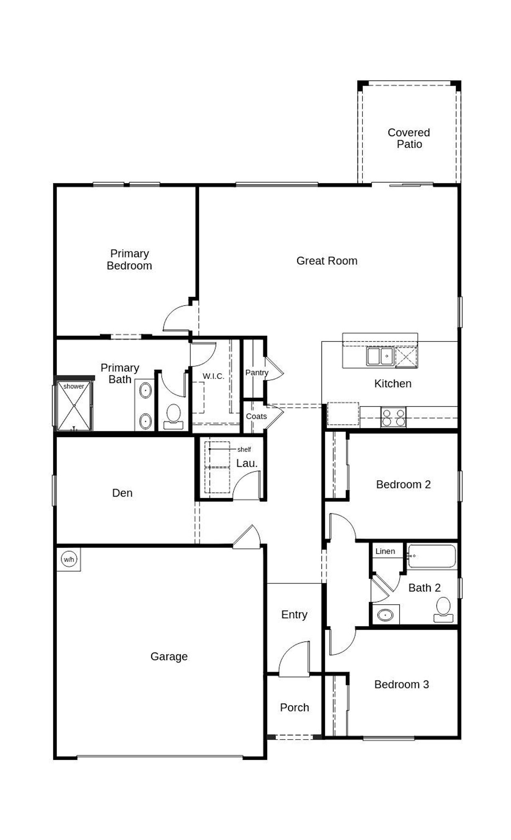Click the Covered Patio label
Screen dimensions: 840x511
click(409, 138)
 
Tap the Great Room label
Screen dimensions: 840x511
click(327, 261)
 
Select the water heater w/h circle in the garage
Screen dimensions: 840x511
click(69, 559)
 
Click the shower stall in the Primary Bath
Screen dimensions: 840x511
click(74, 406)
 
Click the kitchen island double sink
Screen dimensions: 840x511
click(380, 356)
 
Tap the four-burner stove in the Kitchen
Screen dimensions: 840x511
click(393, 417)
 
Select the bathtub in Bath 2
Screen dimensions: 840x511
click(432, 556)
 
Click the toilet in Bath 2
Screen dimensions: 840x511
click(443, 610)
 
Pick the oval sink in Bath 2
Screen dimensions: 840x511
click(385, 615)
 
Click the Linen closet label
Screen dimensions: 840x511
click(385, 551)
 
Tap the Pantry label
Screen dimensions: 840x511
click(256, 373)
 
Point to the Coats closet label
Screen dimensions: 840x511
click(256, 416)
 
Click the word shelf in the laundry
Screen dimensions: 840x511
click(244, 450)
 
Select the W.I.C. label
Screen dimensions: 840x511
click(214, 376)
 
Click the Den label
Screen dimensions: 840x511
click(122, 493)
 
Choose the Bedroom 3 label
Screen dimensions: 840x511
click(401, 684)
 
